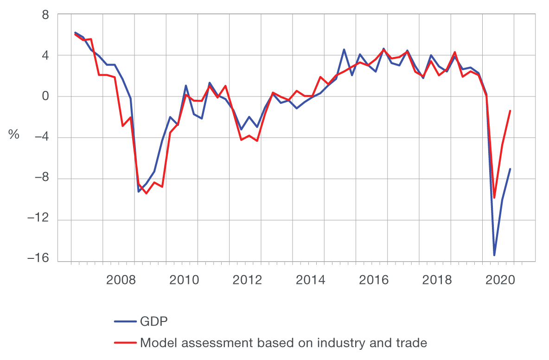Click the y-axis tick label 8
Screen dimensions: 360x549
(45, 14)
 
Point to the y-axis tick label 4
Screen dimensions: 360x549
(45, 56)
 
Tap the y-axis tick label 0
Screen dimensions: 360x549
(45, 96)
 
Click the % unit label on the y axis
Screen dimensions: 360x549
(13, 135)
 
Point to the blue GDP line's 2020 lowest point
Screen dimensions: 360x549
(494, 255)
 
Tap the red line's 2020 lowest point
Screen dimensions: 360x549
(494, 198)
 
